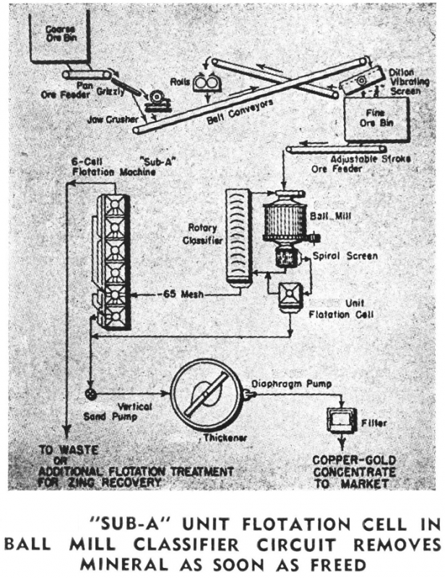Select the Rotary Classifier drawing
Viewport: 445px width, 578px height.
coord(238,236)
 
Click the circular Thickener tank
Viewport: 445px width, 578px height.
coord(206,398)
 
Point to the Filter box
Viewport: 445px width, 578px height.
coord(337,418)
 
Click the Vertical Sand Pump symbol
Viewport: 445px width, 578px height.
coord(90,393)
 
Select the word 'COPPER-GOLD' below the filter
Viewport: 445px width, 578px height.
coord(352,458)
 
